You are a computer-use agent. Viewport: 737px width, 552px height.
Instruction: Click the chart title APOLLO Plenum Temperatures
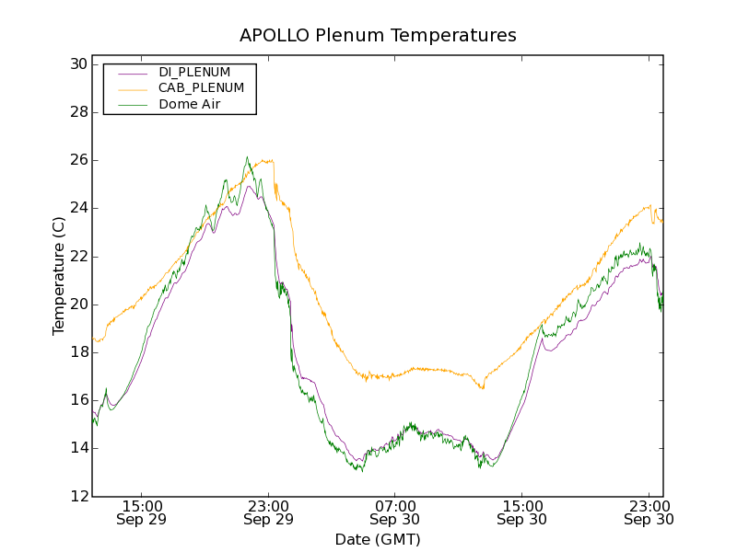[x=378, y=36]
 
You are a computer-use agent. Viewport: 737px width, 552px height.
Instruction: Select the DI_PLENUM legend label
[x=194, y=72]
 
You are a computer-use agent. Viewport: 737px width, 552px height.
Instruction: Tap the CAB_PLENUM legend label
[x=201, y=88]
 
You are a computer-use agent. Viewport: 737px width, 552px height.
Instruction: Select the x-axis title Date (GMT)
[x=378, y=539]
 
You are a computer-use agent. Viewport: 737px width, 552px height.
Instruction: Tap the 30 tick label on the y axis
[x=77, y=64]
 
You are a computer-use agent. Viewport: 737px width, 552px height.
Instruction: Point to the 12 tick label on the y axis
[x=77, y=496]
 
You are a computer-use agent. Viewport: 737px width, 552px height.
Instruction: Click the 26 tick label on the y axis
[x=77, y=160]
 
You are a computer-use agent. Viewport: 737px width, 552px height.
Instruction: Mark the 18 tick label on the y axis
[x=77, y=352]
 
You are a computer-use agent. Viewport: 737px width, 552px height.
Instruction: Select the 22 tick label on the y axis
[x=77, y=256]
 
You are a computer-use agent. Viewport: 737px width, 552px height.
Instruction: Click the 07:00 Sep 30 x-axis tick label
[x=395, y=512]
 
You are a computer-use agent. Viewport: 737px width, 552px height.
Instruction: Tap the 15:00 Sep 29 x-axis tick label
[x=142, y=512]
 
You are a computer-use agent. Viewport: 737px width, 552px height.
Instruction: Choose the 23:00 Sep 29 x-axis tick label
[x=268, y=512]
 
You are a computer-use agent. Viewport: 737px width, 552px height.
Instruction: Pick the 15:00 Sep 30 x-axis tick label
[x=521, y=512]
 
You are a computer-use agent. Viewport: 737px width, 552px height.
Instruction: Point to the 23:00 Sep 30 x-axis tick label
[x=649, y=512]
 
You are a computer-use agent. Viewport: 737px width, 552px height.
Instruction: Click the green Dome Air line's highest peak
[x=247, y=157]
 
